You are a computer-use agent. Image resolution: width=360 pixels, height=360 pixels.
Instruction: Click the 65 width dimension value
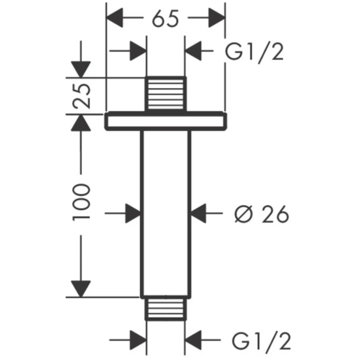(x=165, y=18)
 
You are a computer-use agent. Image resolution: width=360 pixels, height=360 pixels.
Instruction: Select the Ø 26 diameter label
(x=261, y=214)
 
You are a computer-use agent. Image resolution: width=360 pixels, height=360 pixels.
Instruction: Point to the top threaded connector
(x=165, y=94)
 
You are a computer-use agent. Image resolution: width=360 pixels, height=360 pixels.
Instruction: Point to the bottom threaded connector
(x=165, y=309)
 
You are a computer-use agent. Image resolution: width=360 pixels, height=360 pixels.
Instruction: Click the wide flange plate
(x=166, y=121)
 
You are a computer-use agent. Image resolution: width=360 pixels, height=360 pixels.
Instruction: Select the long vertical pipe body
(x=165, y=212)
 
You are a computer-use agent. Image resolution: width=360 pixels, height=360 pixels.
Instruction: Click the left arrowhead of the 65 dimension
(x=117, y=18)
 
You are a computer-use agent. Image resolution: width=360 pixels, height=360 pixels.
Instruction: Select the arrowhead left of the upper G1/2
(x=195, y=53)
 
